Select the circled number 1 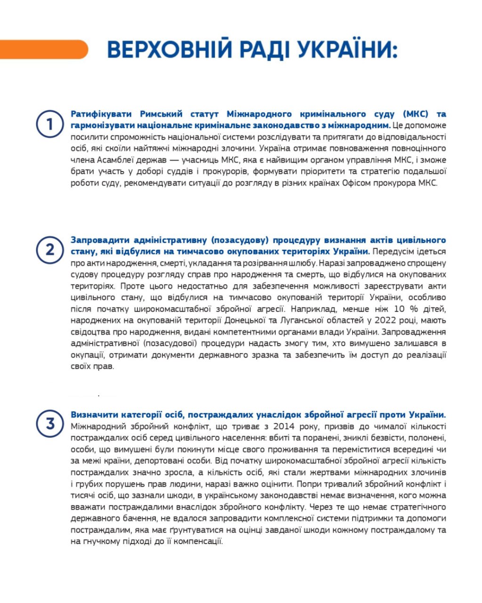tap(50, 124)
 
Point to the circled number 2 tap(50, 250)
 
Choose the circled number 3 tap(50, 424)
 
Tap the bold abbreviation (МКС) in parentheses tap(416, 114)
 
